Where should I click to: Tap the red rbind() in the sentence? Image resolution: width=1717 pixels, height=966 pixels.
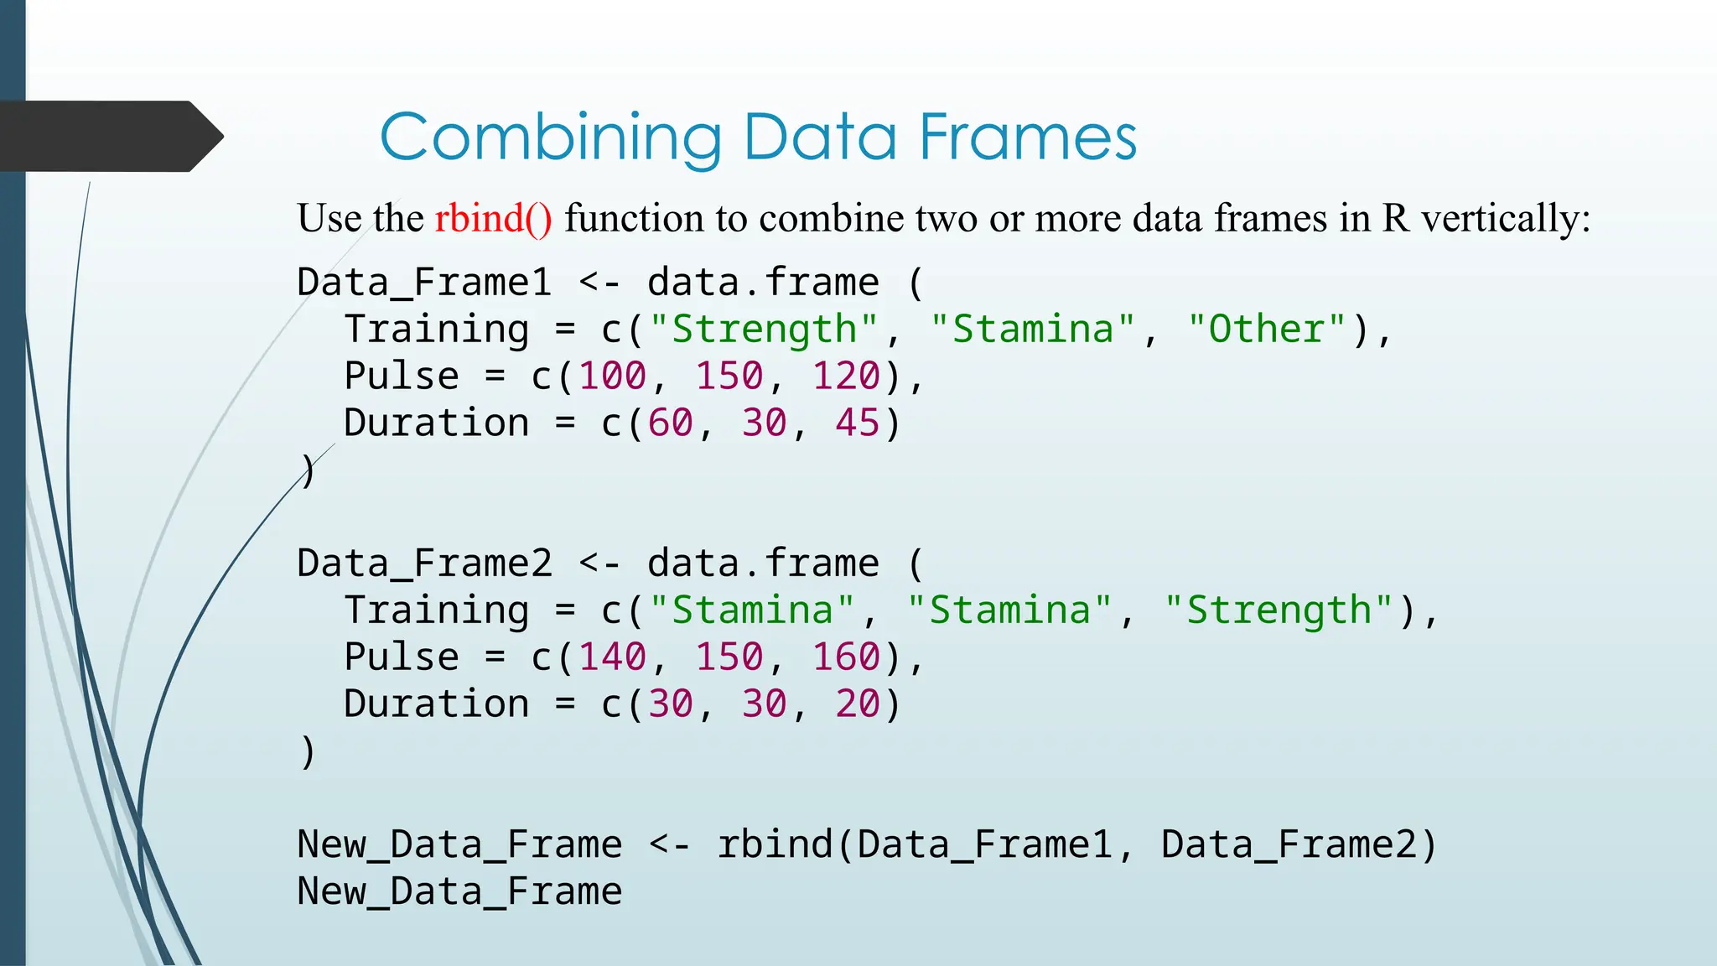click(x=493, y=218)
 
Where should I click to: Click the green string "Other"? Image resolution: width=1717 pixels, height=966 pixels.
click(x=1265, y=329)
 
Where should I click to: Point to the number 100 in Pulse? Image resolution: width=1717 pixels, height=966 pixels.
click(x=613, y=376)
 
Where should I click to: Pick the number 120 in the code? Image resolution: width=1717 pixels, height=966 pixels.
click(x=847, y=376)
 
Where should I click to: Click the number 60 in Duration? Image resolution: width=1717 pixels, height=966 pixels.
click(x=671, y=423)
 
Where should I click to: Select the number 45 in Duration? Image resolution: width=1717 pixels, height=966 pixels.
click(x=858, y=423)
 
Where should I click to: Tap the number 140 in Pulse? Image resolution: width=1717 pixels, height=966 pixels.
click(x=613, y=657)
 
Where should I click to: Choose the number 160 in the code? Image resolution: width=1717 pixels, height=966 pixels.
click(x=847, y=657)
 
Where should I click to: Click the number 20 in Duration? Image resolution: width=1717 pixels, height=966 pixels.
click(x=858, y=704)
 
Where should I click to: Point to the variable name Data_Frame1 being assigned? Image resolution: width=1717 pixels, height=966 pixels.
click(x=424, y=283)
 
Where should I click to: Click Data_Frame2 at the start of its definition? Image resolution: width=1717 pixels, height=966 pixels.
click(x=424, y=563)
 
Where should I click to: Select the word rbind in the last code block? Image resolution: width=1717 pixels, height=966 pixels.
click(x=775, y=844)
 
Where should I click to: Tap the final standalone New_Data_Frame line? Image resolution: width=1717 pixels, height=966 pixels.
click(x=459, y=891)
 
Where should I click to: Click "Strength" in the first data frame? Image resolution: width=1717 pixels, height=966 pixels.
click(x=763, y=329)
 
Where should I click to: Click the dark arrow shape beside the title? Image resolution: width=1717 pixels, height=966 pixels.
click(x=109, y=136)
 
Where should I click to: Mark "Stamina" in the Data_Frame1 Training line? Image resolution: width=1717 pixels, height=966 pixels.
click(x=1032, y=329)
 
